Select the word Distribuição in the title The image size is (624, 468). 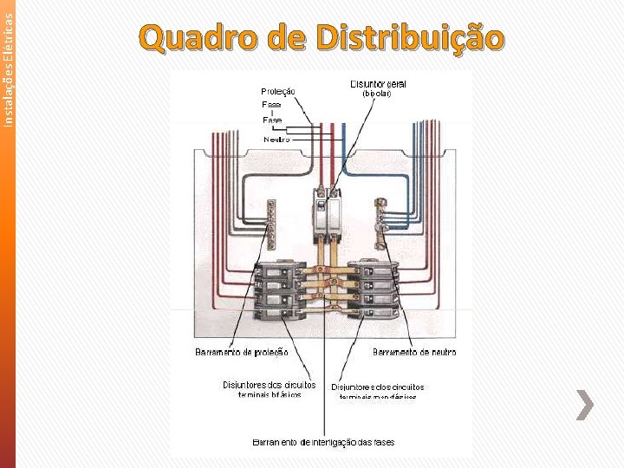click(410, 38)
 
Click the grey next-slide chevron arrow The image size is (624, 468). click(586, 405)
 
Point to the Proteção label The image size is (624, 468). click(278, 91)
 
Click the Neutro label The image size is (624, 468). click(276, 139)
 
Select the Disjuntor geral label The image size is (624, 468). click(378, 84)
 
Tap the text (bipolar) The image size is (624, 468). click(377, 94)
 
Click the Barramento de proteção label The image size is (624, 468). click(241, 352)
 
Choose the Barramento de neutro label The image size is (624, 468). click(414, 352)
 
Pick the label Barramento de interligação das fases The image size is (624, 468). click(323, 442)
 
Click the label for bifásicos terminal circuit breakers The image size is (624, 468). click(269, 389)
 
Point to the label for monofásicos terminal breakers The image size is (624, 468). click(377, 391)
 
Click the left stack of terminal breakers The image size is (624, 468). click(280, 289)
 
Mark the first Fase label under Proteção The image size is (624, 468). click(271, 104)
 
